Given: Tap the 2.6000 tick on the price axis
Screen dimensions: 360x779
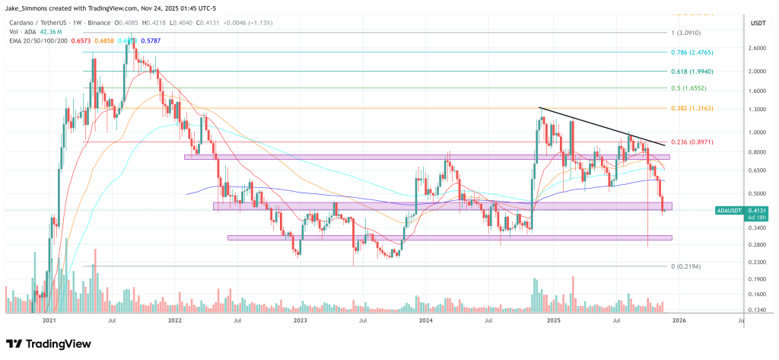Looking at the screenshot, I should point(756,47).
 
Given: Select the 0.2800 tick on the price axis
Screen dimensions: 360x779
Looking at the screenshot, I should point(756,244).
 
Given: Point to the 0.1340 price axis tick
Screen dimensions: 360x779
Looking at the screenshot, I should point(756,310).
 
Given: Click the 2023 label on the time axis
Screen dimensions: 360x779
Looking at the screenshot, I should point(300,321).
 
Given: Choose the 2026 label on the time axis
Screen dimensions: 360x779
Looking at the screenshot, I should point(679,321).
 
